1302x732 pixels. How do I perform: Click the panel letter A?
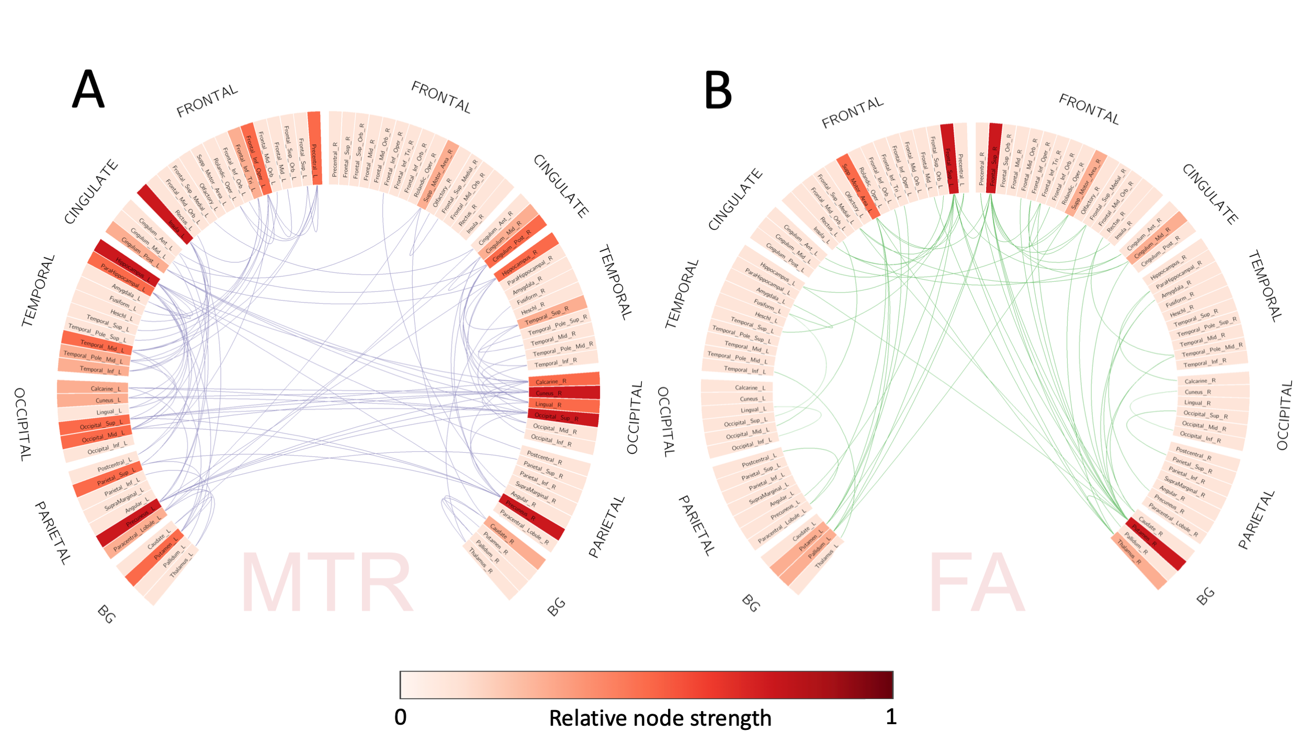tap(88, 89)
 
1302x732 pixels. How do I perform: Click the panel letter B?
tap(718, 90)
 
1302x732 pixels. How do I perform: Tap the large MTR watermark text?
tap(326, 583)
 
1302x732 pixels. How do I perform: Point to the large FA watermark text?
tap(976, 583)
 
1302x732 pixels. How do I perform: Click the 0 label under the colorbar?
tap(400, 717)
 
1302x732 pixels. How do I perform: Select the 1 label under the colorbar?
tap(891, 717)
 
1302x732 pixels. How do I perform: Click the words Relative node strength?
tap(660, 718)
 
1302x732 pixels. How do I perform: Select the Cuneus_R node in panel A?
tap(564, 393)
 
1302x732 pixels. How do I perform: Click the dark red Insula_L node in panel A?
tap(165, 214)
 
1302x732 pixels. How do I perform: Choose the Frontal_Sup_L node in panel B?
tap(949, 159)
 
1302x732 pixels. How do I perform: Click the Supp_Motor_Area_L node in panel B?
tap(858, 186)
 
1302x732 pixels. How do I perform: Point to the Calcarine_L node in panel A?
tap(93, 387)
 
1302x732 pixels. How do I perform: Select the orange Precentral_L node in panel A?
tap(314, 148)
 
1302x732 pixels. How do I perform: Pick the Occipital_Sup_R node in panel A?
tap(563, 417)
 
